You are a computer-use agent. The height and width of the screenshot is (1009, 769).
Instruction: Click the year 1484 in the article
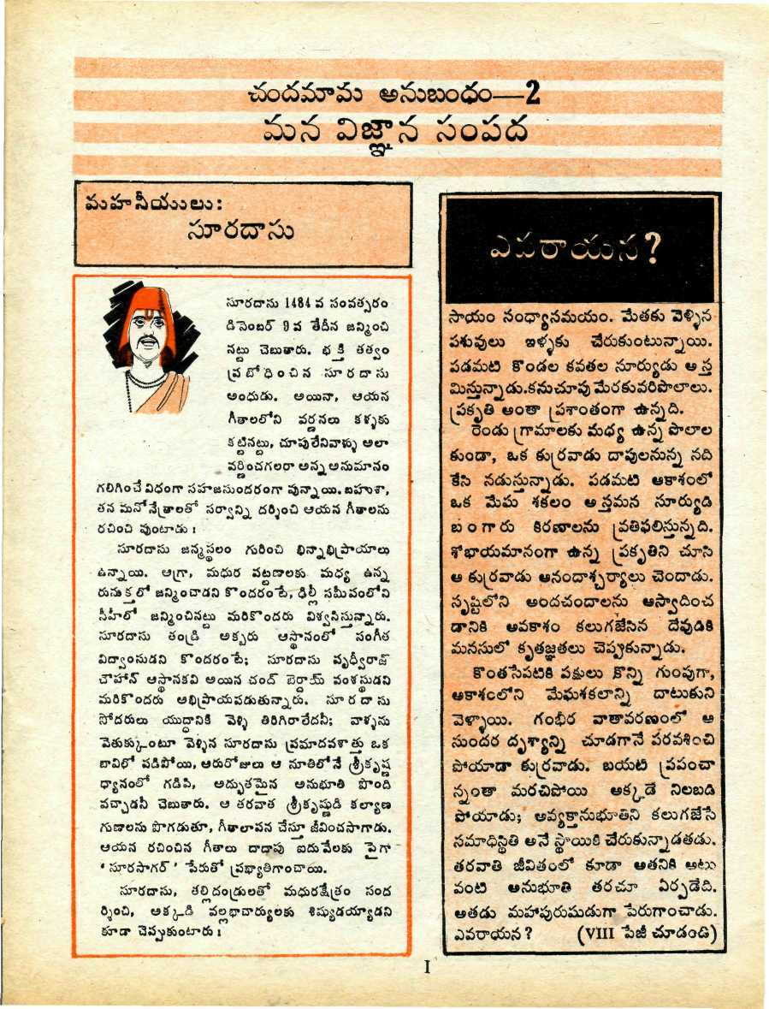(x=294, y=305)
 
